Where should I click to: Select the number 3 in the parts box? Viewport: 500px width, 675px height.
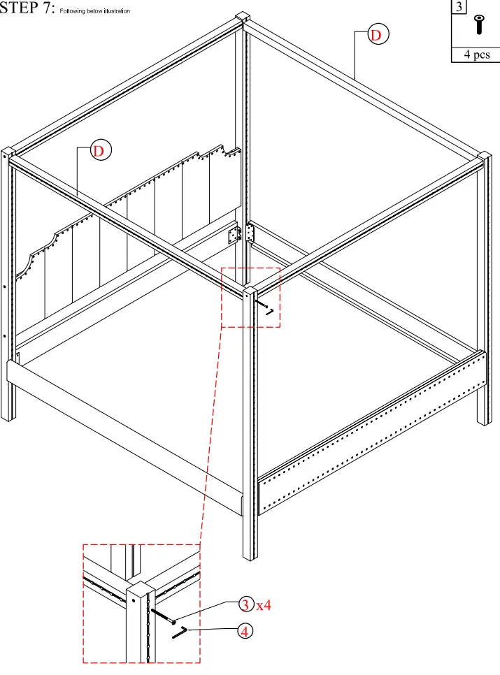pos(459,7)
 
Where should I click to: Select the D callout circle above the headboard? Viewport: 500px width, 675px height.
pos(101,150)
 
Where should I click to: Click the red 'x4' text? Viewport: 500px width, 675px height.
pos(263,605)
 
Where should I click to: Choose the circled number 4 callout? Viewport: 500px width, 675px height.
pos(245,632)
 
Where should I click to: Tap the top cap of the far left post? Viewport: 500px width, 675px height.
pos(8,153)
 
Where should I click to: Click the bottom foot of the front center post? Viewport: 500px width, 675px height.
pos(250,552)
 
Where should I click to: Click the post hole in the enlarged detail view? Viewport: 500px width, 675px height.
pos(134,599)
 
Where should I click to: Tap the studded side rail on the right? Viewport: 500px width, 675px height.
pos(371,433)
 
